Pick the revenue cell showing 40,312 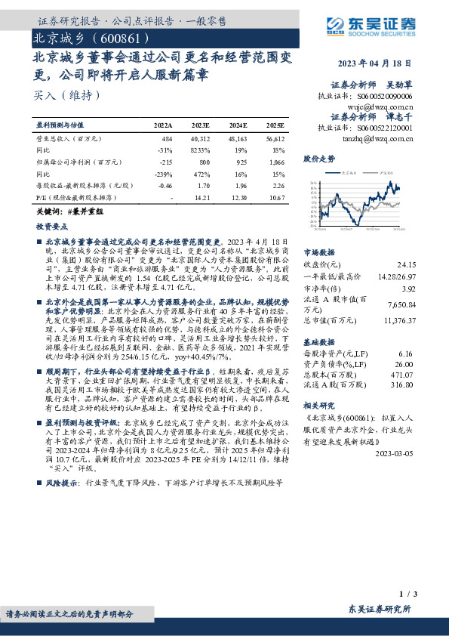[x=200, y=139]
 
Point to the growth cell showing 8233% [x=199, y=150]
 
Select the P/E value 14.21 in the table [x=202, y=197]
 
